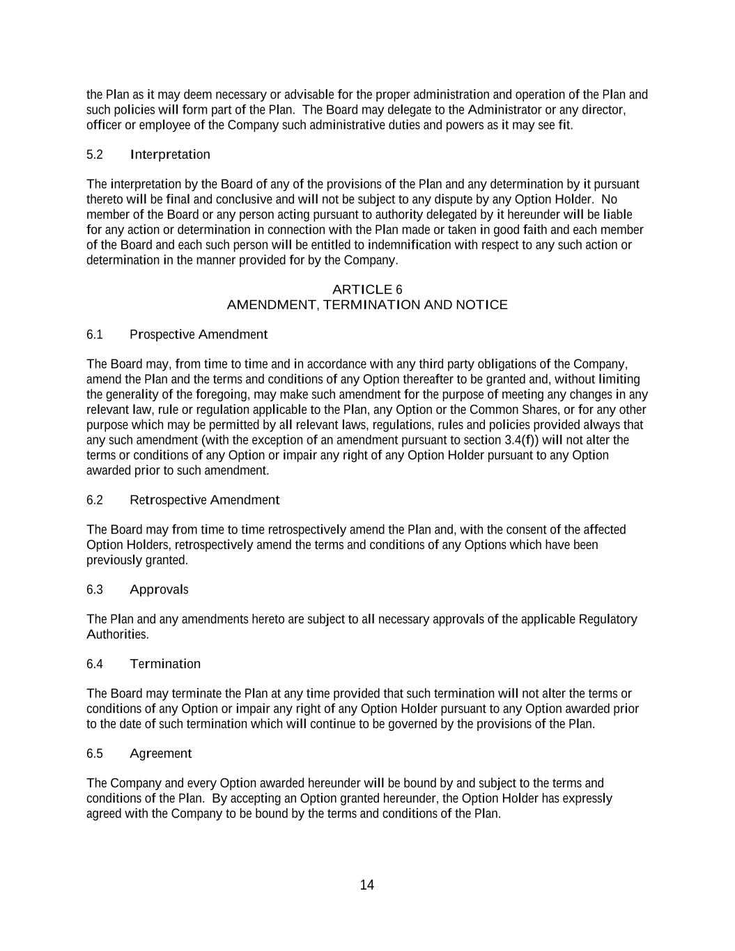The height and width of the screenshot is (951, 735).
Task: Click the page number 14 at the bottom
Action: pyautogui.click(x=367, y=885)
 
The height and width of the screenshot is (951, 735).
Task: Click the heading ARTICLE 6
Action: pyautogui.click(x=367, y=289)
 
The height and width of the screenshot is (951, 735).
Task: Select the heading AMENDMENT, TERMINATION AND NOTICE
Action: pyautogui.click(x=367, y=304)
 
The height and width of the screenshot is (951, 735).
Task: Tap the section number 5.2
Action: pyautogui.click(x=95, y=155)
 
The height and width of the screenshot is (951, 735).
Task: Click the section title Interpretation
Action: pyautogui.click(x=170, y=155)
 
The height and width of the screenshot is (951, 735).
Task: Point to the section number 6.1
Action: pyautogui.click(x=95, y=334)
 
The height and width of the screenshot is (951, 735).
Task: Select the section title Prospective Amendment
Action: pyautogui.click(x=199, y=334)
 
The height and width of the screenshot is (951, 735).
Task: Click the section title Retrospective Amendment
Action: pyautogui.click(x=204, y=500)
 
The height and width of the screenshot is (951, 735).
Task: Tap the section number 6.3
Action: pyautogui.click(x=95, y=589)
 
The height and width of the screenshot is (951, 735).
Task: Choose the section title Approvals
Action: pyautogui.click(x=159, y=589)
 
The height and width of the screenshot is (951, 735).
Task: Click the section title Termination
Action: pyautogui.click(x=165, y=664)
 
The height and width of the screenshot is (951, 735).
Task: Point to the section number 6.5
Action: pyautogui.click(x=95, y=753)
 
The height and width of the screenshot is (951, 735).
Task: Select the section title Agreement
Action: pyautogui.click(x=160, y=753)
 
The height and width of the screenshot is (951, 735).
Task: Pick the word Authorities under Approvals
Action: pyautogui.click(x=117, y=635)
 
